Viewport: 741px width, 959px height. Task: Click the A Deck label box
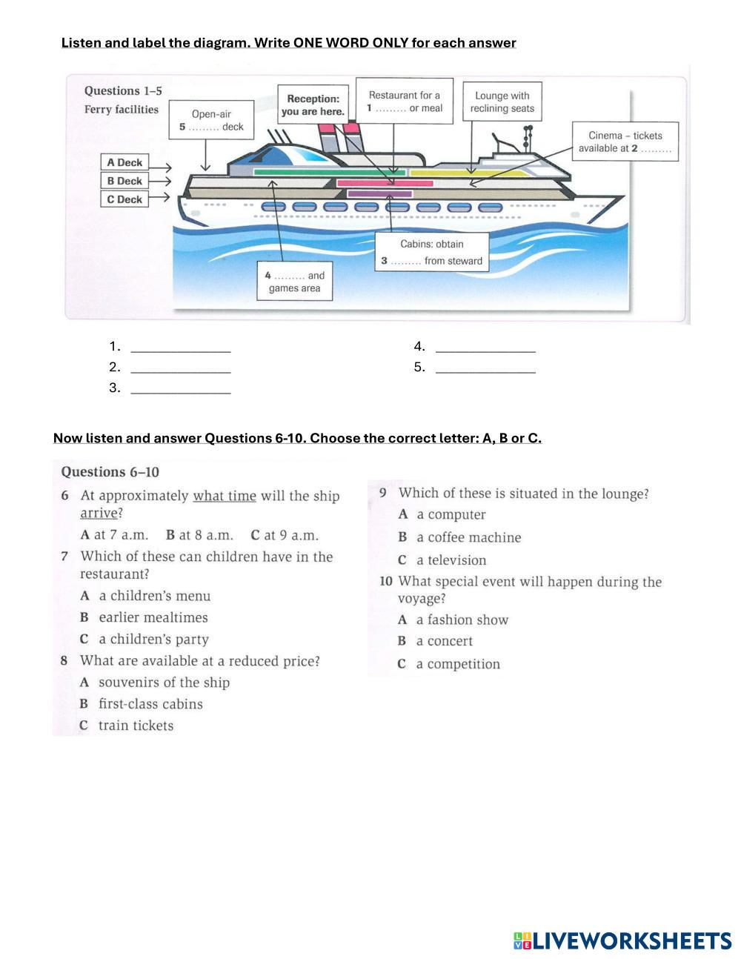click(x=124, y=163)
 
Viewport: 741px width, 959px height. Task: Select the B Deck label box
click(x=124, y=181)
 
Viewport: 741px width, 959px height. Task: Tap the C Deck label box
click(x=124, y=199)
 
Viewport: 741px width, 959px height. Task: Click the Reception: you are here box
click(x=313, y=105)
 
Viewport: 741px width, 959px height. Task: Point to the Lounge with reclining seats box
click(x=502, y=102)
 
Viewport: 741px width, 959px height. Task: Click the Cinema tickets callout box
click(x=625, y=142)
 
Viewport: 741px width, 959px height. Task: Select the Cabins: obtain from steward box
click(x=431, y=253)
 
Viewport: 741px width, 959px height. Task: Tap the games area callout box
click(x=294, y=282)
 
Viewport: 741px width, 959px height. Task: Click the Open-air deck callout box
click(x=211, y=120)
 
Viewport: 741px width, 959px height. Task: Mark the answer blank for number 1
click(x=180, y=347)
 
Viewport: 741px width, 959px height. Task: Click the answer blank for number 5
click(x=485, y=368)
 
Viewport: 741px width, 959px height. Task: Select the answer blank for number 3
click(x=180, y=388)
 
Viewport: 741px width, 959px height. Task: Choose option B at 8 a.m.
click(x=199, y=535)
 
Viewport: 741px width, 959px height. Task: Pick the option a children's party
click(x=153, y=640)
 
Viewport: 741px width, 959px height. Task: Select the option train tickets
click(x=136, y=726)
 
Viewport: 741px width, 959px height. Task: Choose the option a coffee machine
click(x=468, y=537)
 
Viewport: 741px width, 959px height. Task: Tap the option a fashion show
click(x=462, y=620)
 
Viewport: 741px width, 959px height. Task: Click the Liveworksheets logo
click(x=622, y=941)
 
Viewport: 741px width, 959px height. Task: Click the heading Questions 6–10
click(x=110, y=472)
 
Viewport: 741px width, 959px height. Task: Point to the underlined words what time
click(x=225, y=496)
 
